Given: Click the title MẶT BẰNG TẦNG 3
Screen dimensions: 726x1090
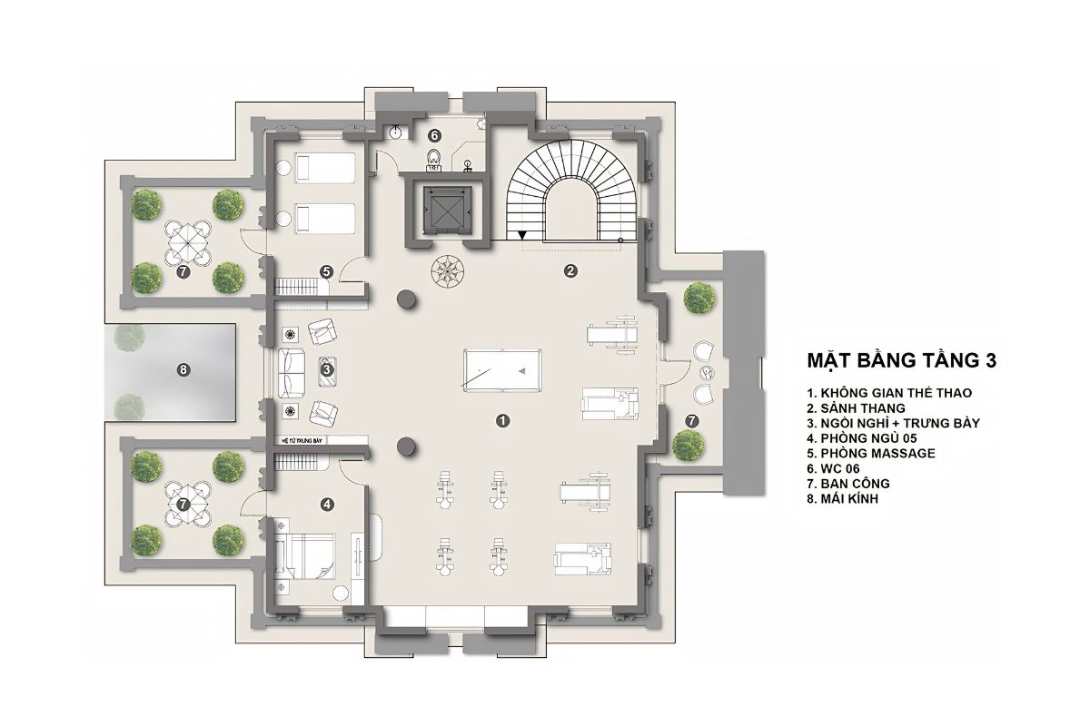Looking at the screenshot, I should (x=902, y=360).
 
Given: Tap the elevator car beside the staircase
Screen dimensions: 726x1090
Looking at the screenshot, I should (x=440, y=209).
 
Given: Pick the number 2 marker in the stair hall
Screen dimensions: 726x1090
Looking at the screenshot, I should (x=570, y=270).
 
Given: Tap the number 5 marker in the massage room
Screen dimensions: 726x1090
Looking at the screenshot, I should (x=326, y=270).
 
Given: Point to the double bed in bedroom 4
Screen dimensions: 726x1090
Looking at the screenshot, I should (x=306, y=554).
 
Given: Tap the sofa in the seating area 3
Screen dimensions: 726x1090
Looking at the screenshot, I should (x=292, y=371).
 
